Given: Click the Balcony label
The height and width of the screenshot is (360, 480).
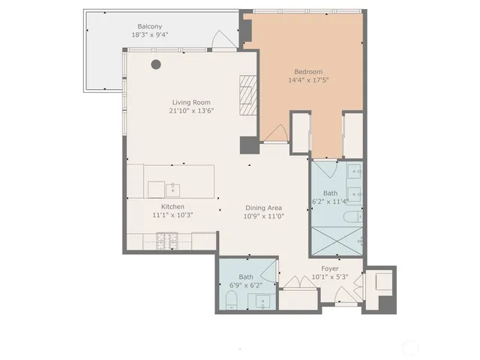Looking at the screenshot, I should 148,25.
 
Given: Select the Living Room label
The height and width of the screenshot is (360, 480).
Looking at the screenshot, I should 191,102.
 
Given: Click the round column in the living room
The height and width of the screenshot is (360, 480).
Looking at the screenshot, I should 156,64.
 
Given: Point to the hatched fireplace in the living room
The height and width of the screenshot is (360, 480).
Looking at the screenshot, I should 248,94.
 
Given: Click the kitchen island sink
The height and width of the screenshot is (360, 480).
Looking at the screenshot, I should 174,187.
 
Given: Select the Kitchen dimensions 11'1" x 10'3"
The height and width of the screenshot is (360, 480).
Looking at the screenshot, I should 172,215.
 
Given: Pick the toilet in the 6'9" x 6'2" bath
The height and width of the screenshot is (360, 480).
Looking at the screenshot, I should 231,301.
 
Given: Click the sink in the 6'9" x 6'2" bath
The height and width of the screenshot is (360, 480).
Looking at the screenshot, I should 262,301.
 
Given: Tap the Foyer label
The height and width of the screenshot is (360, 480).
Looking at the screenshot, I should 330,268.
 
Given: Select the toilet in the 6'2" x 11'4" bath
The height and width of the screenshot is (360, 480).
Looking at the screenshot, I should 351,218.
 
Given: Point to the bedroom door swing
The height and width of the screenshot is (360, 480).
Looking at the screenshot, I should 274,133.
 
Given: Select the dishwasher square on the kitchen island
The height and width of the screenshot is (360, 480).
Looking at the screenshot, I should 156,188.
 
